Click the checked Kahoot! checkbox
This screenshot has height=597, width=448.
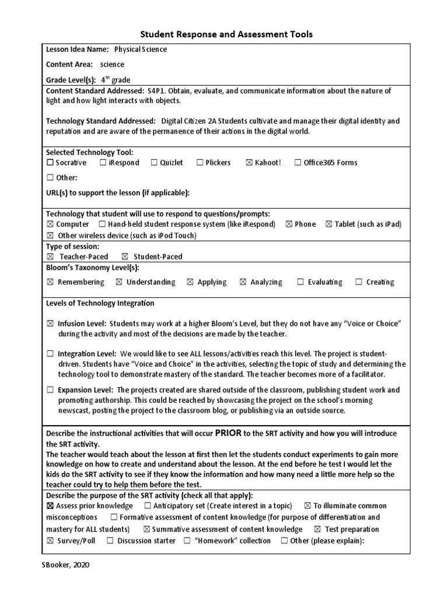[250, 163]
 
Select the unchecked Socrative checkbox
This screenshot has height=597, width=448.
[50, 163]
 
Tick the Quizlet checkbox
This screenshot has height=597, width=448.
[154, 163]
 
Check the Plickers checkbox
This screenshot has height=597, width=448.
[199, 163]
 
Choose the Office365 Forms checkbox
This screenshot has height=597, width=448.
[298, 163]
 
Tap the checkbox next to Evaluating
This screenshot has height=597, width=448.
[300, 282]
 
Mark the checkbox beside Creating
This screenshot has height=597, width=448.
[359, 282]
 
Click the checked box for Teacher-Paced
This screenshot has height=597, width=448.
[50, 257]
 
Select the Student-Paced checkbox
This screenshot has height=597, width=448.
[125, 257]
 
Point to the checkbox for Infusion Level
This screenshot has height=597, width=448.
[50, 324]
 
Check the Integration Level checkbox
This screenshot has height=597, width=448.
[50, 354]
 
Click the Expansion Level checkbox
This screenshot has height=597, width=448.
[50, 389]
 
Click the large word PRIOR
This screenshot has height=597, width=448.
[228, 433]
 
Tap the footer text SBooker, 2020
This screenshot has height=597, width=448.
[65, 564]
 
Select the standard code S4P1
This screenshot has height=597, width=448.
[157, 91]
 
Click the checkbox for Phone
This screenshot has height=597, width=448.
[289, 224]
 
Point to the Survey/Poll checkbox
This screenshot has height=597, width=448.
[50, 541]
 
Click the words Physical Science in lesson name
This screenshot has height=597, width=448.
[141, 50]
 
